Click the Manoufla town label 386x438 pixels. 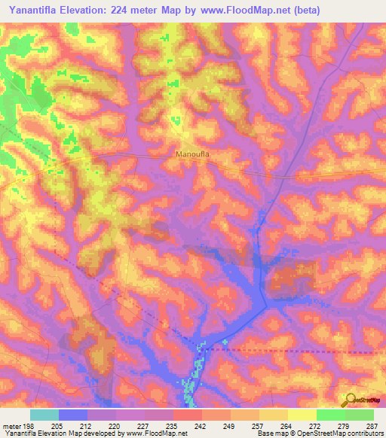click(191, 154)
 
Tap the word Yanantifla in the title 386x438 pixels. click(35, 11)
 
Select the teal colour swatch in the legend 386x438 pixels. click(44, 415)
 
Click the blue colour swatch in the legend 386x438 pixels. click(73, 415)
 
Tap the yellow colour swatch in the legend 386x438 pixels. click(302, 415)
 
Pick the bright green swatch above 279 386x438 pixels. click(330, 415)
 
